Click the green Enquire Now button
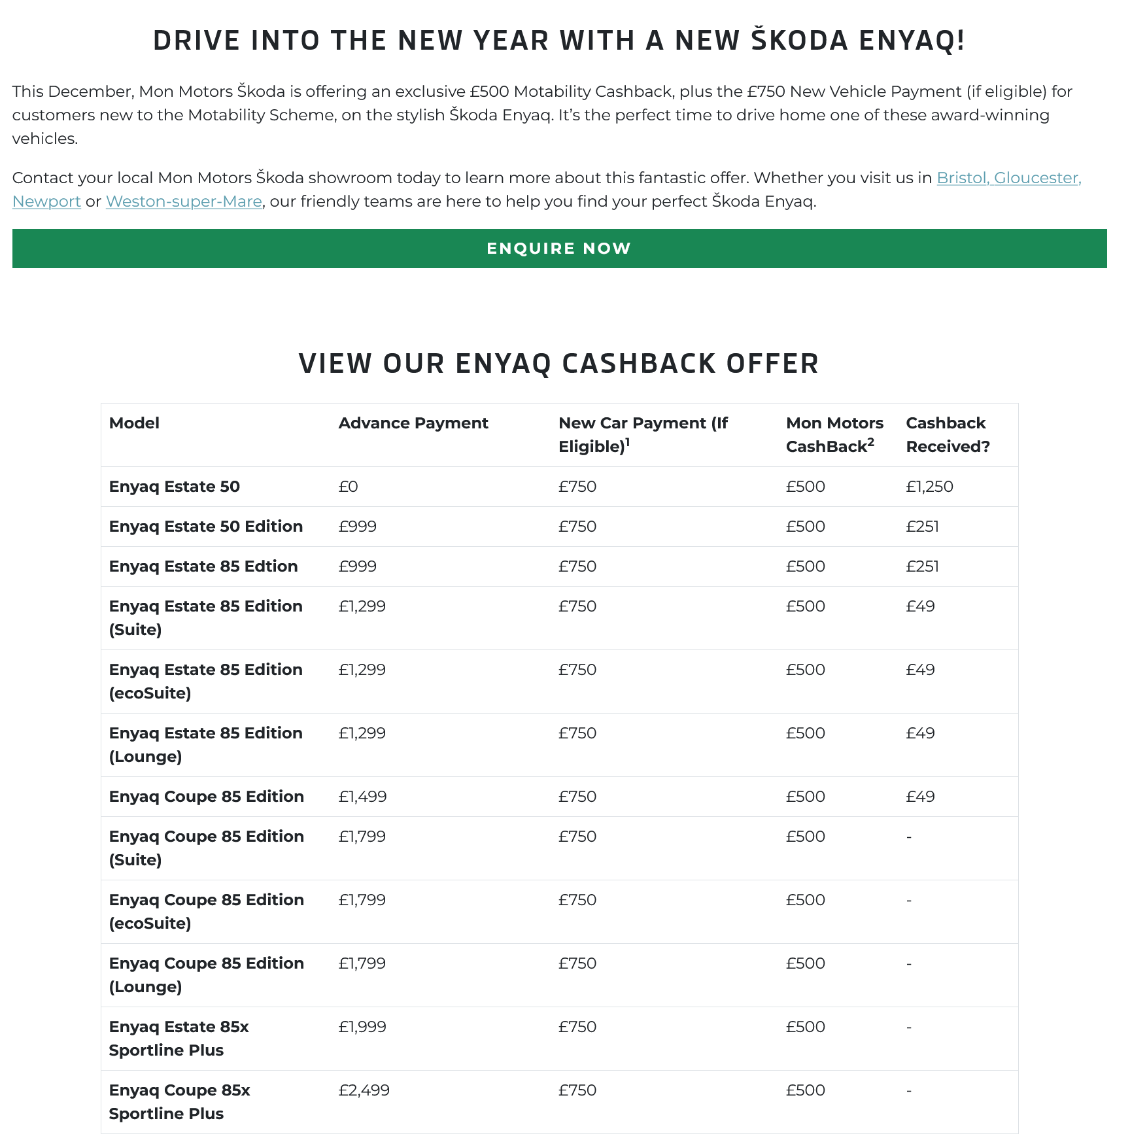click(559, 249)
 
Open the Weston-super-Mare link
click(184, 201)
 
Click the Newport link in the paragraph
click(46, 201)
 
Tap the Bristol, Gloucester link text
click(1008, 178)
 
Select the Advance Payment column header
click(413, 423)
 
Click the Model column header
click(134, 423)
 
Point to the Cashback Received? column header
click(948, 435)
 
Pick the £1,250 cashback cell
click(929, 487)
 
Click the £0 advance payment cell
click(348, 487)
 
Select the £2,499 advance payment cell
click(364, 1090)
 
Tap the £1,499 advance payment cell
click(362, 797)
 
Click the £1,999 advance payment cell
click(362, 1027)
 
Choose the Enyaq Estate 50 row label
click(175, 487)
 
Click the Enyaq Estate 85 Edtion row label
click(203, 566)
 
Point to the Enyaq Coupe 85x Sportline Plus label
click(179, 1102)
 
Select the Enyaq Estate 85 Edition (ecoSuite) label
click(205, 682)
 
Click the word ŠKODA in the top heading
click(799, 41)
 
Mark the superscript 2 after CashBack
click(870, 442)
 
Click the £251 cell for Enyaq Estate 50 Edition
click(922, 527)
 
